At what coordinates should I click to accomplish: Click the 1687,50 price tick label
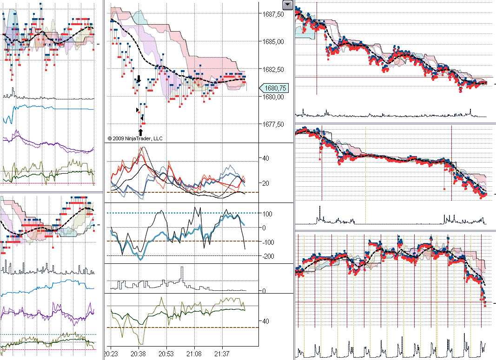coord(273,14)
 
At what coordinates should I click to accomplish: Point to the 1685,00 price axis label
coord(273,42)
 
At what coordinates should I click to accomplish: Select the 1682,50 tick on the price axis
coord(273,69)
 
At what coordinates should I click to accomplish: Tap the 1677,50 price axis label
coord(273,124)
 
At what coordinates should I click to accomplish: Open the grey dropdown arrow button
coord(288,5)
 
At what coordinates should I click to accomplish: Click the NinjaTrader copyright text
coord(135,138)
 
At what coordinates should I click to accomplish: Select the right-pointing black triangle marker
coord(137,110)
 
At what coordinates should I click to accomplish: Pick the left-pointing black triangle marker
coord(142,118)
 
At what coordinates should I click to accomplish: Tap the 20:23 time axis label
coord(111,353)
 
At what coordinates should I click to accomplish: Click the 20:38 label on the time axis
coord(139,353)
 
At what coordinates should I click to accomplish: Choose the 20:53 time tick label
coord(166,353)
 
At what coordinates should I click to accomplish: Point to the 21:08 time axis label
coord(194,353)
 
